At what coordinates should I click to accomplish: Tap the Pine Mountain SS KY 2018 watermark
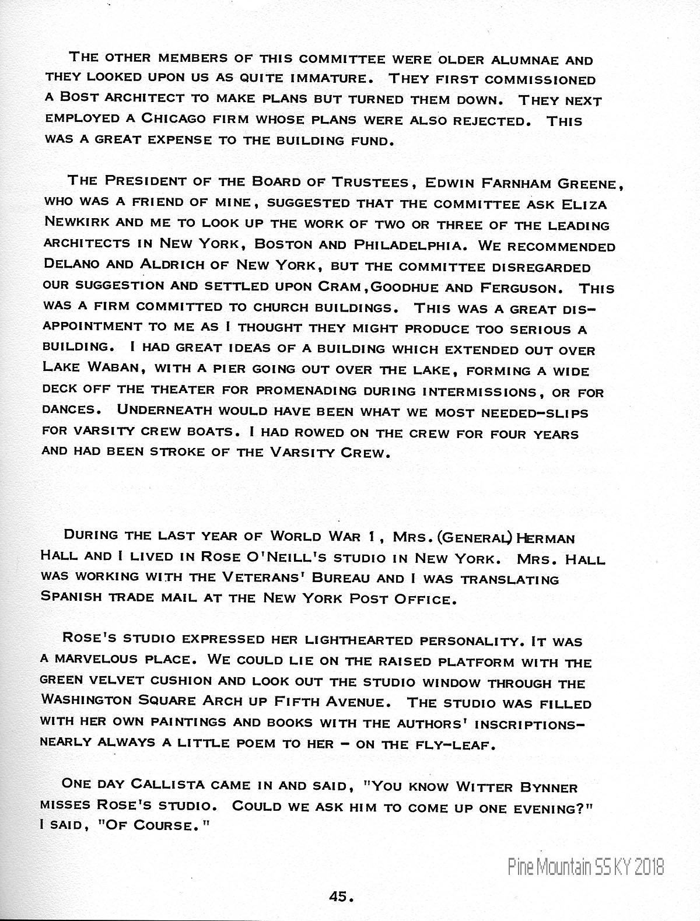(x=585, y=867)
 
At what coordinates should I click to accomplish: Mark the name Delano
(x=72, y=265)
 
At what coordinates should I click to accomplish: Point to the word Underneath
(x=165, y=410)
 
